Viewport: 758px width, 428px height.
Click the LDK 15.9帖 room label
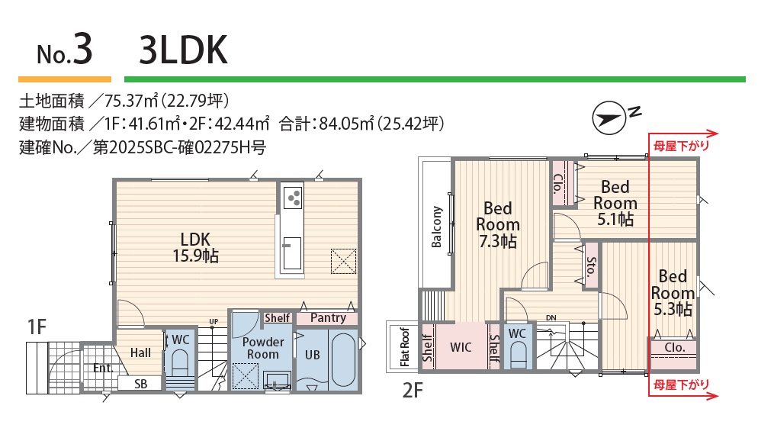tap(196, 247)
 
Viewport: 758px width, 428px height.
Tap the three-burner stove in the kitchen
tap(293, 196)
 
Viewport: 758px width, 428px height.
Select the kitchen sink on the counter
tap(293, 253)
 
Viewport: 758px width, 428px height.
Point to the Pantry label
tap(328, 317)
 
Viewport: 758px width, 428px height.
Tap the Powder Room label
tap(263, 348)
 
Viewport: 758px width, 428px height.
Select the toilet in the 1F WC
tap(180, 364)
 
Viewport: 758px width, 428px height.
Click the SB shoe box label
tap(140, 384)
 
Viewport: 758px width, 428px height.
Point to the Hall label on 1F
tap(140, 353)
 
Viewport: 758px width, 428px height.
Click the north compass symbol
tap(609, 117)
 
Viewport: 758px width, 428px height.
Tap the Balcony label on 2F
tap(436, 227)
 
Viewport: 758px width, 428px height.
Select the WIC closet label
tap(461, 347)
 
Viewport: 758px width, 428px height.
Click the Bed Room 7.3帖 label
tap(498, 224)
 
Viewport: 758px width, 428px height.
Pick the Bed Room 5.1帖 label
tap(615, 203)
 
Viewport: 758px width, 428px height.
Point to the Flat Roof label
tap(405, 347)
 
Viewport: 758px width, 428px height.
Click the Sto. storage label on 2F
tap(592, 266)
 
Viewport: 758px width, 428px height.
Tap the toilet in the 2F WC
tap(517, 355)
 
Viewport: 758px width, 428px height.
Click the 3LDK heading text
tap(183, 50)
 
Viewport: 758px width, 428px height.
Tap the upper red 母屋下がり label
tap(681, 146)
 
